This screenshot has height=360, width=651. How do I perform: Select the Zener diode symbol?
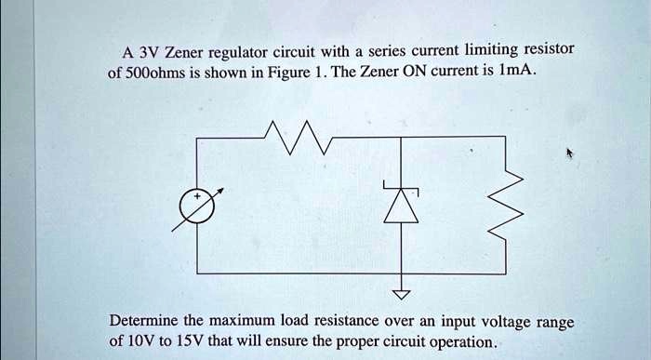coord(402,203)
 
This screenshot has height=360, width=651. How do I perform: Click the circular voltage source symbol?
coord(198,206)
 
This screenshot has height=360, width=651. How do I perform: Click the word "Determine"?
coord(149,321)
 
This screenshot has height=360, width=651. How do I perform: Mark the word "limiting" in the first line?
coord(502,48)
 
